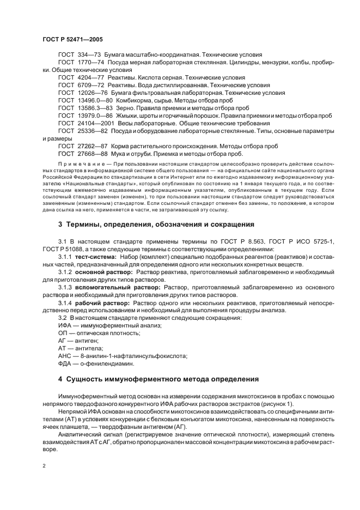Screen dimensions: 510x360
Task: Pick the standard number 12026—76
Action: click(x=91, y=93)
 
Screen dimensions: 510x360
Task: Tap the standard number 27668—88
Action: click(x=91, y=154)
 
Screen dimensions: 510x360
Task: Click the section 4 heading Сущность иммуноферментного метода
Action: click(x=158, y=379)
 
